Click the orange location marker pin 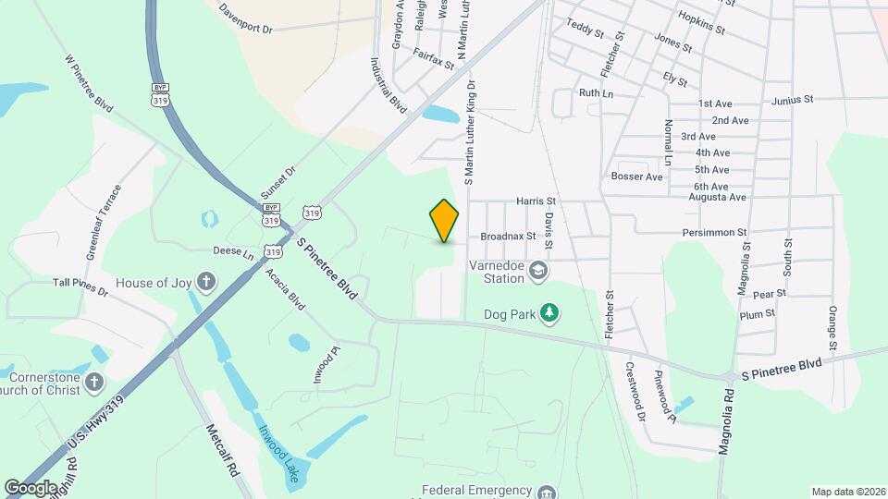tap(445, 221)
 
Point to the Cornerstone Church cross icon tap(93, 381)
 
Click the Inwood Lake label tap(278, 453)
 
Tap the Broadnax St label tap(508, 236)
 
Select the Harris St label tap(536, 201)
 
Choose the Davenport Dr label tap(246, 18)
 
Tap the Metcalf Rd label tap(223, 450)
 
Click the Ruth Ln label tap(596, 93)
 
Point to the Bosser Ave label tap(637, 176)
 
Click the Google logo tap(31, 487)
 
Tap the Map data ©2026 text tap(847, 492)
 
